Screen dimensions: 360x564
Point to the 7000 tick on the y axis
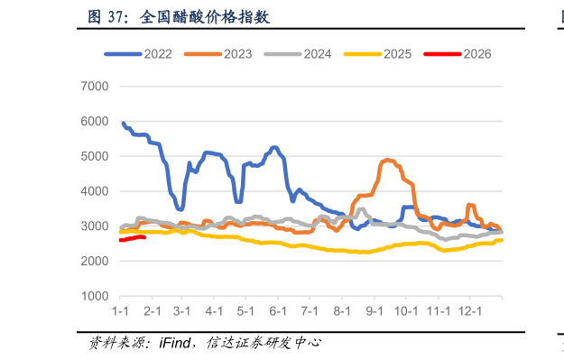(x=95, y=87)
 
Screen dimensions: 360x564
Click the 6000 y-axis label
(x=95, y=121)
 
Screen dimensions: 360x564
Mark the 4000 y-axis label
(x=95, y=191)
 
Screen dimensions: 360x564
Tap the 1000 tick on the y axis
(x=95, y=297)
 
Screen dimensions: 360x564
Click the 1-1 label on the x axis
(x=120, y=311)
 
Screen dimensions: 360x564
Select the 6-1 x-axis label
(x=276, y=311)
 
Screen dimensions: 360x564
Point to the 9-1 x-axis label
(x=374, y=311)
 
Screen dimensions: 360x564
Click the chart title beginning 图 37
(x=178, y=17)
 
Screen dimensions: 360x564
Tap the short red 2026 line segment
(x=133, y=238)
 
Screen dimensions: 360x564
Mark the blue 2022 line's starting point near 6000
(x=124, y=122)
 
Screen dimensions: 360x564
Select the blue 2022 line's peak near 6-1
(x=274, y=147)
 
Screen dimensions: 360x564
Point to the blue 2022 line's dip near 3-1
(x=180, y=208)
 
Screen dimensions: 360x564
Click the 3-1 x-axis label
(x=182, y=311)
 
